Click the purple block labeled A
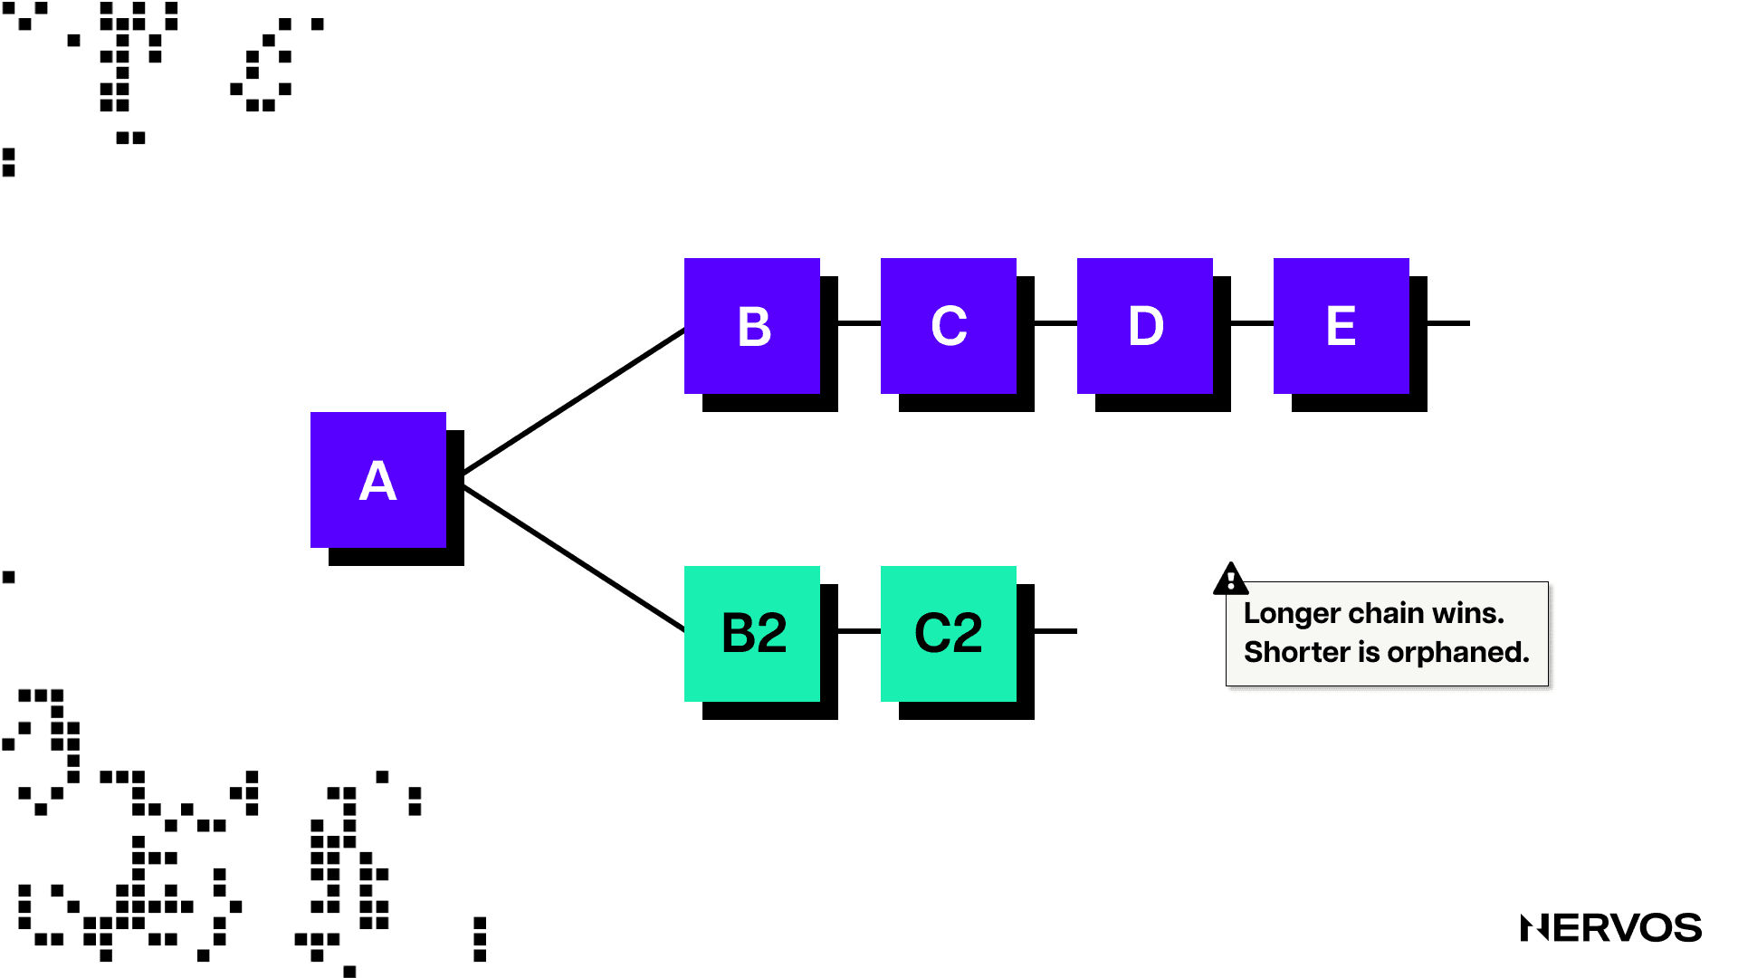(378, 480)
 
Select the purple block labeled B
(752, 326)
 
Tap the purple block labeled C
(949, 326)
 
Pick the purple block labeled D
(1145, 326)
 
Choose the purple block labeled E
(1342, 326)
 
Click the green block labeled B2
(752, 634)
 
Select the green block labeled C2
(949, 634)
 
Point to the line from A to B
(574, 401)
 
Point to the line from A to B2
(574, 559)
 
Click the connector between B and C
(859, 322)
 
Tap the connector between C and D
(1055, 322)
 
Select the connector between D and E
(1252, 322)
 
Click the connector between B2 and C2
(859, 630)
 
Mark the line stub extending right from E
(1448, 322)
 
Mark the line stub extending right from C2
(1055, 630)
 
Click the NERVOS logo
(1611, 928)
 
